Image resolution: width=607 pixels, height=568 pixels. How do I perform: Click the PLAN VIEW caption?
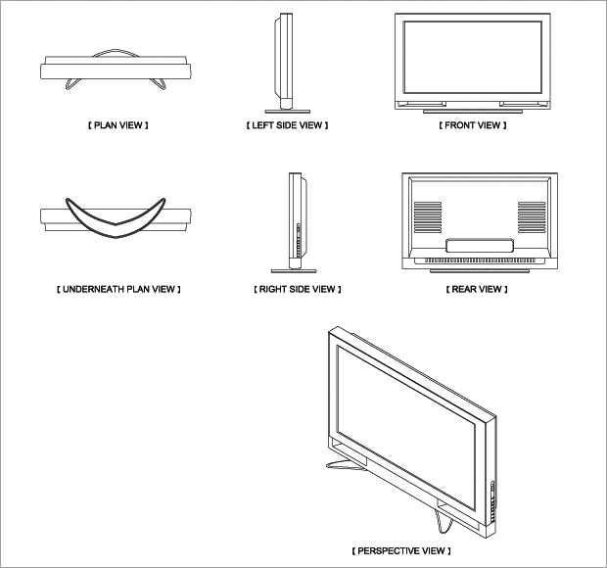pyautogui.click(x=118, y=125)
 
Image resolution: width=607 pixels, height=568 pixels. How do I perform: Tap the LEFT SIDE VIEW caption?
pyautogui.click(x=287, y=125)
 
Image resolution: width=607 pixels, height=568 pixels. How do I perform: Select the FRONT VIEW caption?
pyautogui.click(x=473, y=125)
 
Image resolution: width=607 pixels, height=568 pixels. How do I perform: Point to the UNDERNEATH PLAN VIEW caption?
pyautogui.click(x=118, y=289)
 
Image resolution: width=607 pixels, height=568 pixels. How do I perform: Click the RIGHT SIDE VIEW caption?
pyautogui.click(x=298, y=289)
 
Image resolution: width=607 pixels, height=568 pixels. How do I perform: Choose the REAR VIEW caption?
pyautogui.click(x=477, y=289)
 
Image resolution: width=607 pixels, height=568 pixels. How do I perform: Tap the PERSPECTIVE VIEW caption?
pyautogui.click(x=401, y=550)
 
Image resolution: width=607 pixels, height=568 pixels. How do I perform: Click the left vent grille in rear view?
pyautogui.click(x=428, y=217)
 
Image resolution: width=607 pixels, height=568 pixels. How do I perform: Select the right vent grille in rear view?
pyautogui.click(x=532, y=217)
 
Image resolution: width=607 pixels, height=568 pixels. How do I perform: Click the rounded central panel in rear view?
pyautogui.click(x=480, y=246)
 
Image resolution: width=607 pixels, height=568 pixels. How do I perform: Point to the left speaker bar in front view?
pyautogui.click(x=422, y=104)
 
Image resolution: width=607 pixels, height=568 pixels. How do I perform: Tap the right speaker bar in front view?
pyautogui.click(x=524, y=104)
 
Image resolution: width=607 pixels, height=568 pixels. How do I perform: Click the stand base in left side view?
pyautogui.click(x=287, y=111)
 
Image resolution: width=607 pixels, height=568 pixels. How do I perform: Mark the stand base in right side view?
pyautogui.click(x=294, y=271)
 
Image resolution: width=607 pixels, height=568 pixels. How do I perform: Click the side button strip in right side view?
pyautogui.click(x=298, y=240)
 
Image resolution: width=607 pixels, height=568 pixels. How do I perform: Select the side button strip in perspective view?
pyautogui.click(x=492, y=501)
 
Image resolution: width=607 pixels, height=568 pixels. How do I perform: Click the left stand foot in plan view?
pyautogui.click(x=72, y=84)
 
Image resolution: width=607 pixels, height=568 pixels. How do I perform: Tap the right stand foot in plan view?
pyautogui.click(x=160, y=84)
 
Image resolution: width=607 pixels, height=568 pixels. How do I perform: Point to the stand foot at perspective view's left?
pyautogui.click(x=345, y=465)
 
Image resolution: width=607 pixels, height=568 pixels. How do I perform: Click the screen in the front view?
pyautogui.click(x=472, y=58)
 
